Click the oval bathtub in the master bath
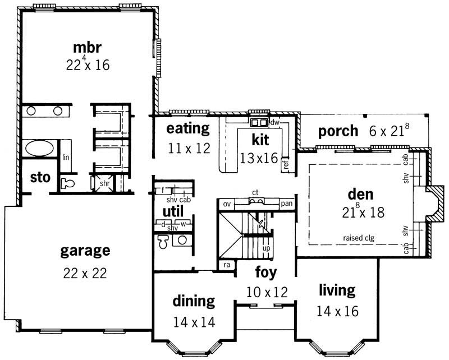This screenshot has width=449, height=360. point(39,150)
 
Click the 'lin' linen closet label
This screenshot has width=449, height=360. point(66,158)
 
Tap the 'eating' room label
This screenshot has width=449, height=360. point(188,128)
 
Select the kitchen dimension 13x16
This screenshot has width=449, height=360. point(259,159)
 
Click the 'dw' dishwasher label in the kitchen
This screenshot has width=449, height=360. point(274,122)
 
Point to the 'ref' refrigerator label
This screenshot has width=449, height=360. point(286,164)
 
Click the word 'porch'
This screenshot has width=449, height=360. point(338,131)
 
